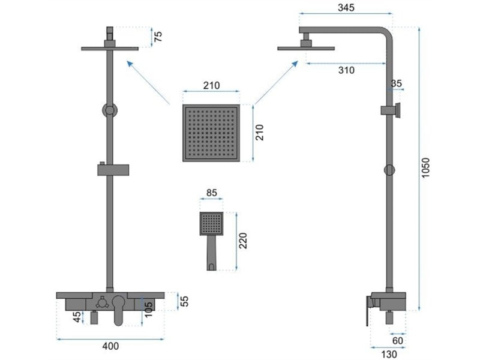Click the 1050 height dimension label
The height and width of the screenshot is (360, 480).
click(425, 168)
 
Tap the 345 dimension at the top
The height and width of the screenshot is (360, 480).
click(346, 7)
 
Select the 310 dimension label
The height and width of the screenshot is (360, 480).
click(346, 70)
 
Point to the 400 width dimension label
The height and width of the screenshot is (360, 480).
click(110, 346)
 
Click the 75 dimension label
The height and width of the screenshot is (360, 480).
click(158, 37)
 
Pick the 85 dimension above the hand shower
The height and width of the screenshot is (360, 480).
click(212, 193)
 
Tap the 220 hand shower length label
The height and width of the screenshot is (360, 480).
click(242, 241)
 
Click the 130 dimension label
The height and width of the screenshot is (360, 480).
click(389, 354)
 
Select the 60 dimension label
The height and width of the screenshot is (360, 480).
click(398, 340)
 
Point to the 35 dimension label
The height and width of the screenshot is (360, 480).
click(397, 83)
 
